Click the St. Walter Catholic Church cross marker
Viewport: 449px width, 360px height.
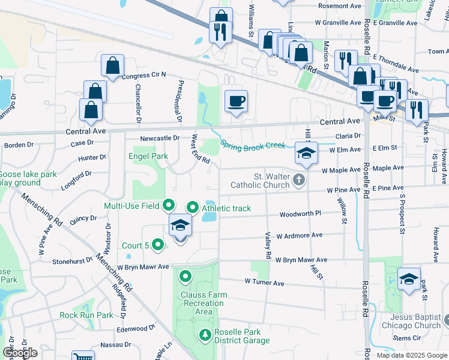[298, 179]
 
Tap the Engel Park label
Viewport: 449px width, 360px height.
[147, 156]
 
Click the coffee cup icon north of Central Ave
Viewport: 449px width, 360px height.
[236, 100]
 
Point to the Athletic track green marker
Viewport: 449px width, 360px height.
[193, 208]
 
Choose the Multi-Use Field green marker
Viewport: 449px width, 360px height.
[169, 206]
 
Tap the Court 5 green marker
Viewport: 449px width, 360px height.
[158, 244]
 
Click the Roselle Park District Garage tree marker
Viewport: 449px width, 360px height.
[204, 334]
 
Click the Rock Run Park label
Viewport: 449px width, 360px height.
[86, 315]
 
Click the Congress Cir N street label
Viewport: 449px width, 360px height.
[143, 76]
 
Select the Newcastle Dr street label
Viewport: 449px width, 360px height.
[160, 138]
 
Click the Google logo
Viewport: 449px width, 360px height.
[19, 353]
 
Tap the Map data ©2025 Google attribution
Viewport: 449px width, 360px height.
[411, 355]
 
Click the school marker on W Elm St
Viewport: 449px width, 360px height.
[306, 154]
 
